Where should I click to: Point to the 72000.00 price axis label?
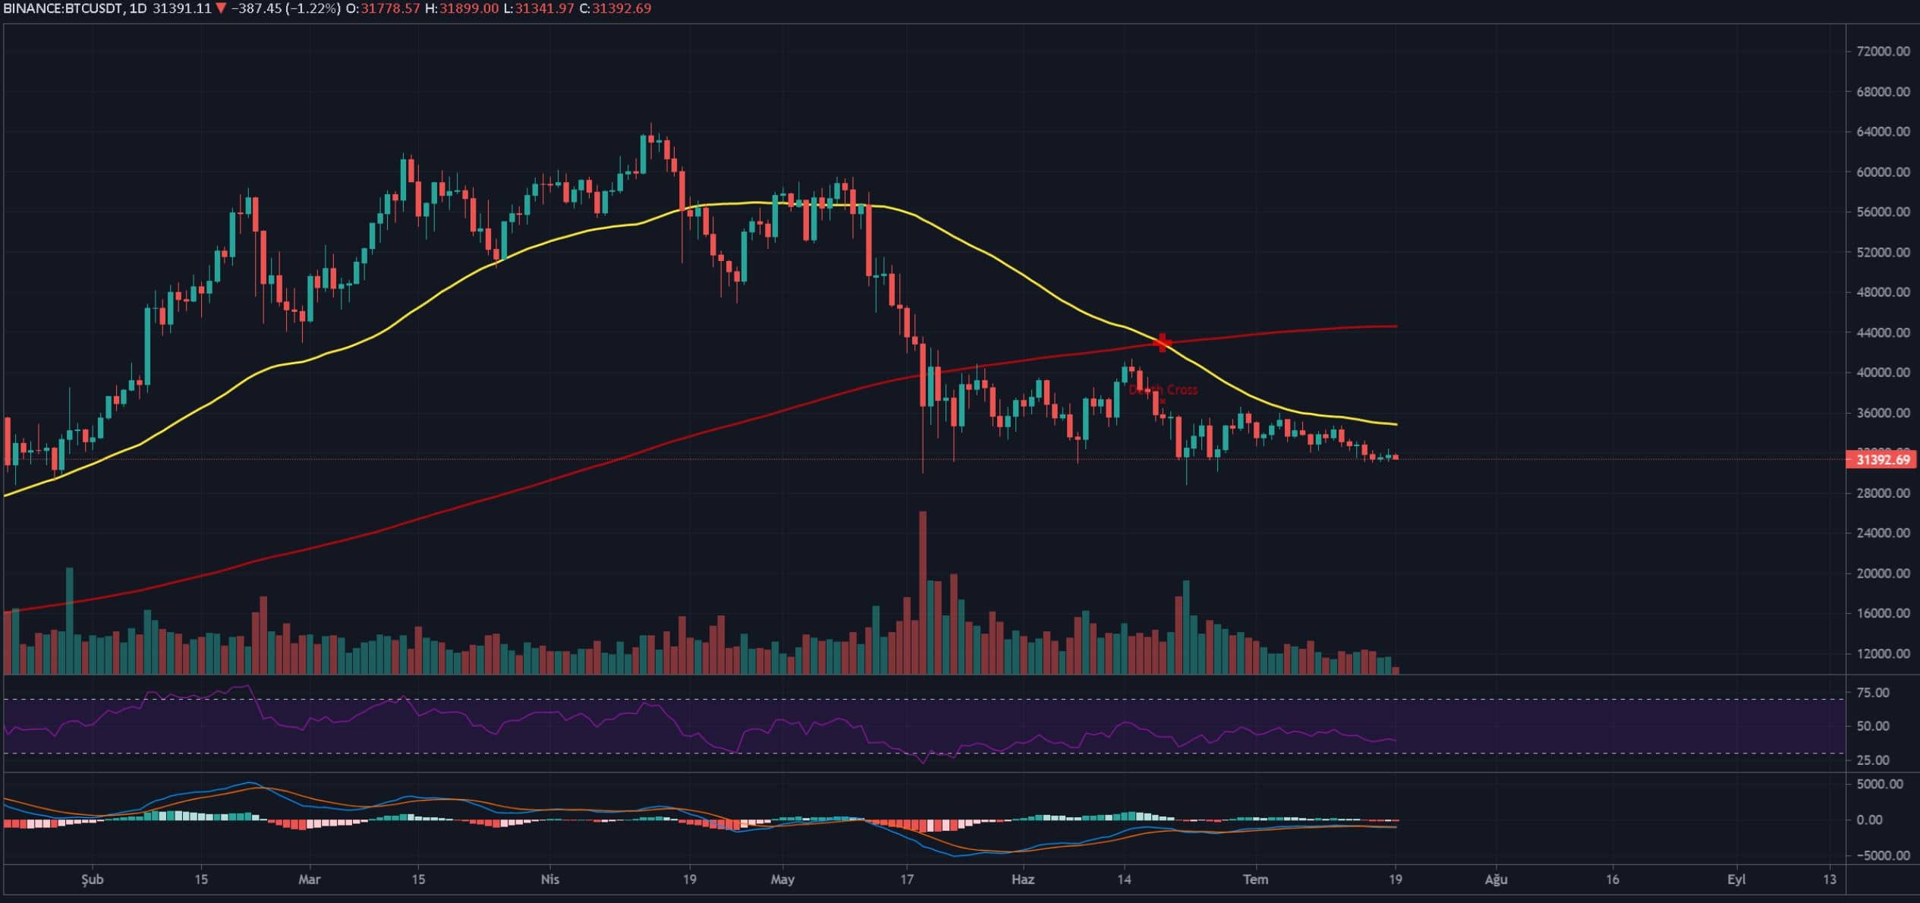pyautogui.click(x=1883, y=52)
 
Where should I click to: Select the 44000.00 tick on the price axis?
pyautogui.click(x=1883, y=332)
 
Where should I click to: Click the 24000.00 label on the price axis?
pyautogui.click(x=1883, y=533)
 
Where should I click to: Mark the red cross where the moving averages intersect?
pyautogui.click(x=1162, y=343)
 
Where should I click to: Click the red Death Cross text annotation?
pyautogui.click(x=1163, y=390)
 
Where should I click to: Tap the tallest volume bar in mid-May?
pyautogui.click(x=923, y=592)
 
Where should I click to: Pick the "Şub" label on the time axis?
pyautogui.click(x=92, y=879)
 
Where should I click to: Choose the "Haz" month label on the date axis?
pyautogui.click(x=1023, y=879)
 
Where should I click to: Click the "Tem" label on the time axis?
pyautogui.click(x=1255, y=879)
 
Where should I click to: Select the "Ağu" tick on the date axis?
pyautogui.click(x=1496, y=879)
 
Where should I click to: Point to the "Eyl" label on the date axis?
pyautogui.click(x=1736, y=879)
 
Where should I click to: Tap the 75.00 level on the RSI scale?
pyautogui.click(x=1887, y=693)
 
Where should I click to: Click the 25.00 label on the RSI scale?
pyautogui.click(x=1887, y=760)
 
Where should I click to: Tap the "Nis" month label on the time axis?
pyautogui.click(x=549, y=879)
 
